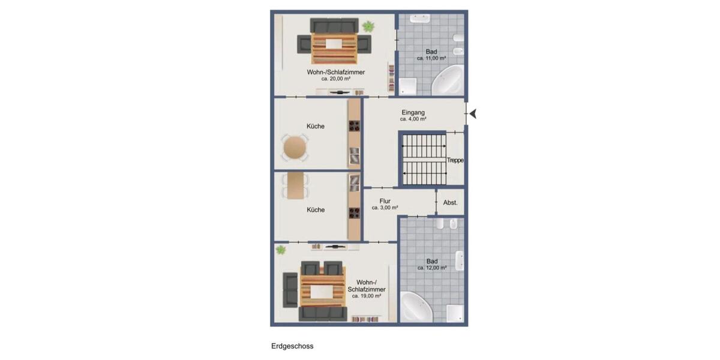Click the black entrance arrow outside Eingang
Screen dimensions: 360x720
[473, 113]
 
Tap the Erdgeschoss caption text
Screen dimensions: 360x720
[292, 346]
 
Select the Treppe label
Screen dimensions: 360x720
[455, 160]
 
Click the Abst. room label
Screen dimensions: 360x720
[450, 203]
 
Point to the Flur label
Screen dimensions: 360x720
[385, 202]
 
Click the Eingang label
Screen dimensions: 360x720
[413, 112]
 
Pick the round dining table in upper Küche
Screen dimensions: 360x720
[295, 148]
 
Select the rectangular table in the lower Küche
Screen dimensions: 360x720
[295, 185]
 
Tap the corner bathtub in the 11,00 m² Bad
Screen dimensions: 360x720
[446, 80]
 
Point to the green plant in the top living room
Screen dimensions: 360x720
[367, 26]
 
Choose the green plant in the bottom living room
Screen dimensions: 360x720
[281, 250]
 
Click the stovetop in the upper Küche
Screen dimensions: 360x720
[355, 127]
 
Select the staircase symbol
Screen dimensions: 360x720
[425, 160]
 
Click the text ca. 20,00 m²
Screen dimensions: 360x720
[336, 79]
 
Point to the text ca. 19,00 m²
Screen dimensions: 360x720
[366, 296]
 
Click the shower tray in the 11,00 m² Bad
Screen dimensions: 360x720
[409, 86]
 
